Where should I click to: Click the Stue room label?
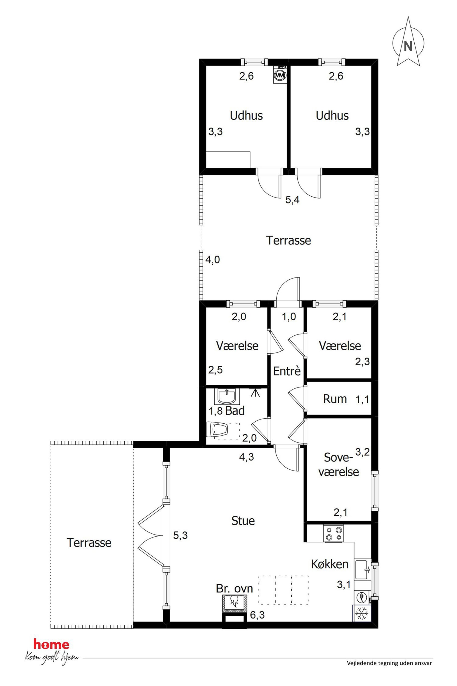[x=243, y=521]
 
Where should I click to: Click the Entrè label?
[x=287, y=371]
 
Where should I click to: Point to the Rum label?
[x=335, y=399]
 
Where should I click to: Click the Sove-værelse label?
[x=338, y=464]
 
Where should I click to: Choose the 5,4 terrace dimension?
[x=292, y=200]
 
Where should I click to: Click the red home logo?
[x=51, y=644]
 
